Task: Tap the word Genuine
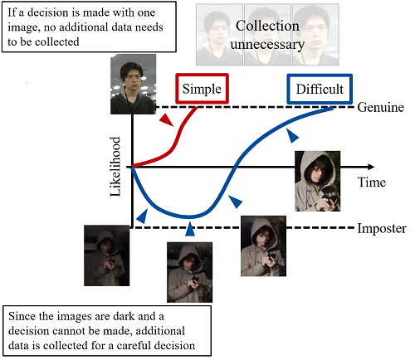(380, 107)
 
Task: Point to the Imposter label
(382, 229)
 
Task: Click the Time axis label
(372, 182)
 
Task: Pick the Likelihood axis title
(115, 167)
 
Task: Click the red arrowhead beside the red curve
(167, 120)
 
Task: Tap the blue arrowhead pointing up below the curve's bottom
(190, 229)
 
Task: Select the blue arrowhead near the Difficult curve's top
(292, 135)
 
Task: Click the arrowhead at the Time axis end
(371, 167)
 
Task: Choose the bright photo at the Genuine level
(133, 85)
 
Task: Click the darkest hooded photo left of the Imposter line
(107, 255)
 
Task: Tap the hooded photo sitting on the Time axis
(318, 181)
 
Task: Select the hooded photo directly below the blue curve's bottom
(190, 272)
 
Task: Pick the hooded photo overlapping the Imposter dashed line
(263, 246)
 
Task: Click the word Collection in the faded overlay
(267, 26)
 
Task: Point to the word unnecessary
(267, 44)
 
